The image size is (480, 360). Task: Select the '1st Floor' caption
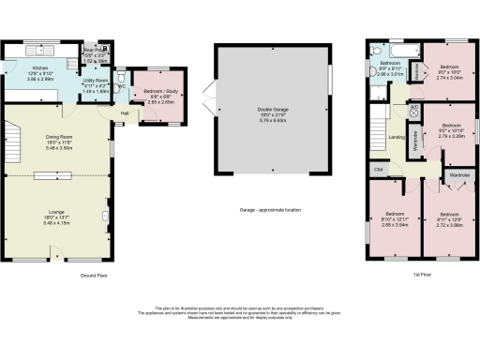click(424, 275)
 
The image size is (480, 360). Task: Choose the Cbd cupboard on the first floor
click(378, 169)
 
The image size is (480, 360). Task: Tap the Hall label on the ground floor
click(124, 113)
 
